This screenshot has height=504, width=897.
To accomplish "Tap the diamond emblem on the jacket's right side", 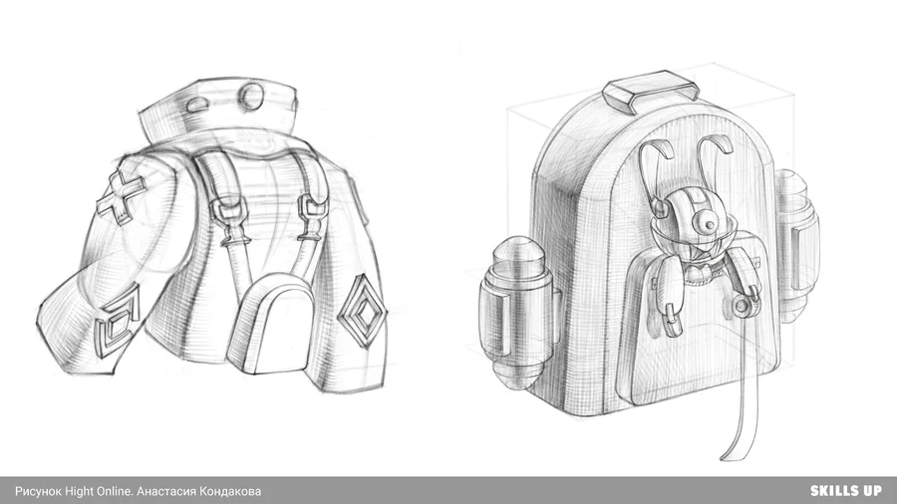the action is [362, 311].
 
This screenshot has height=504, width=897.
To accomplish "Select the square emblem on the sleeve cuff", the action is [119, 322].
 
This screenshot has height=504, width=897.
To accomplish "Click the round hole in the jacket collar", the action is [250, 95].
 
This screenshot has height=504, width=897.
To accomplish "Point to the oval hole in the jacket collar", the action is [196, 105].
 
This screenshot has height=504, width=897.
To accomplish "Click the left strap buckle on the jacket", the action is [228, 220].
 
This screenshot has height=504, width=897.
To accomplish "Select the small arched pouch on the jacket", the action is [269, 323].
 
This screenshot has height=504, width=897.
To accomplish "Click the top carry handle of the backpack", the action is [651, 92].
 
